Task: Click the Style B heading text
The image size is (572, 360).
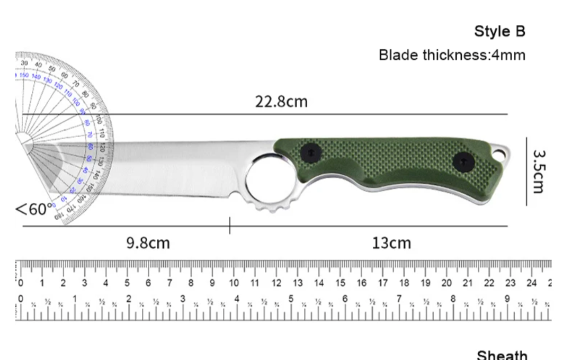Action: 499,31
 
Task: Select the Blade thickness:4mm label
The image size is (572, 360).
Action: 452,55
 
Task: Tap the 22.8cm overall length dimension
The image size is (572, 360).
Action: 281,101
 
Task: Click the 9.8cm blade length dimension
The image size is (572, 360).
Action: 148,243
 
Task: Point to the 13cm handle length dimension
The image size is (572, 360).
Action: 391,243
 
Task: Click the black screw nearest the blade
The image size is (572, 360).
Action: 310,154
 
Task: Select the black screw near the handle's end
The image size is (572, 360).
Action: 463,161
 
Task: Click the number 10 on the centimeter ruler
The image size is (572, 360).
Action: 234,283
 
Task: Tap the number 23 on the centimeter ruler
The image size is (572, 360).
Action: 510,283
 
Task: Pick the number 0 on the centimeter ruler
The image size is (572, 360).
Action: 21,283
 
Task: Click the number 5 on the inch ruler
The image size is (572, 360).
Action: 291,299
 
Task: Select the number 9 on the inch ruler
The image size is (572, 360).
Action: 507,299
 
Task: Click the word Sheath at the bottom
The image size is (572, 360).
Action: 502,355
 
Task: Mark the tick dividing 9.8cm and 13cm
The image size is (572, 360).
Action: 229,226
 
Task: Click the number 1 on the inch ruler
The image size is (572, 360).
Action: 75,299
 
